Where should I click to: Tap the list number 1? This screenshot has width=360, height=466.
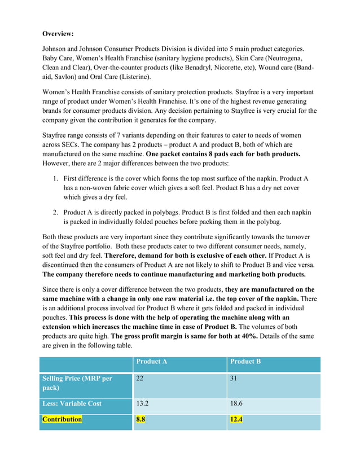(56, 178)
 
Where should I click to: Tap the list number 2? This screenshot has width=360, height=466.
(56, 212)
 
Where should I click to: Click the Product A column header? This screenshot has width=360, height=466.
(152, 361)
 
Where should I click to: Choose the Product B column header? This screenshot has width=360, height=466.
(245, 361)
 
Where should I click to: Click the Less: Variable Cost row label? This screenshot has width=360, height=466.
(72, 403)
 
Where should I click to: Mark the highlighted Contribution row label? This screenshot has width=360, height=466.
(62, 419)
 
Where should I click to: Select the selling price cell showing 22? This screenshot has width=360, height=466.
(140, 379)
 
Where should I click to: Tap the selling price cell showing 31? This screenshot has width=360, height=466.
(234, 379)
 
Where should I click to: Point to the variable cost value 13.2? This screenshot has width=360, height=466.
(143, 403)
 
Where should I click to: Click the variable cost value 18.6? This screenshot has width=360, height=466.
(236, 403)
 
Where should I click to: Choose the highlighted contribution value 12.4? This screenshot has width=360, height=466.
(236, 419)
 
